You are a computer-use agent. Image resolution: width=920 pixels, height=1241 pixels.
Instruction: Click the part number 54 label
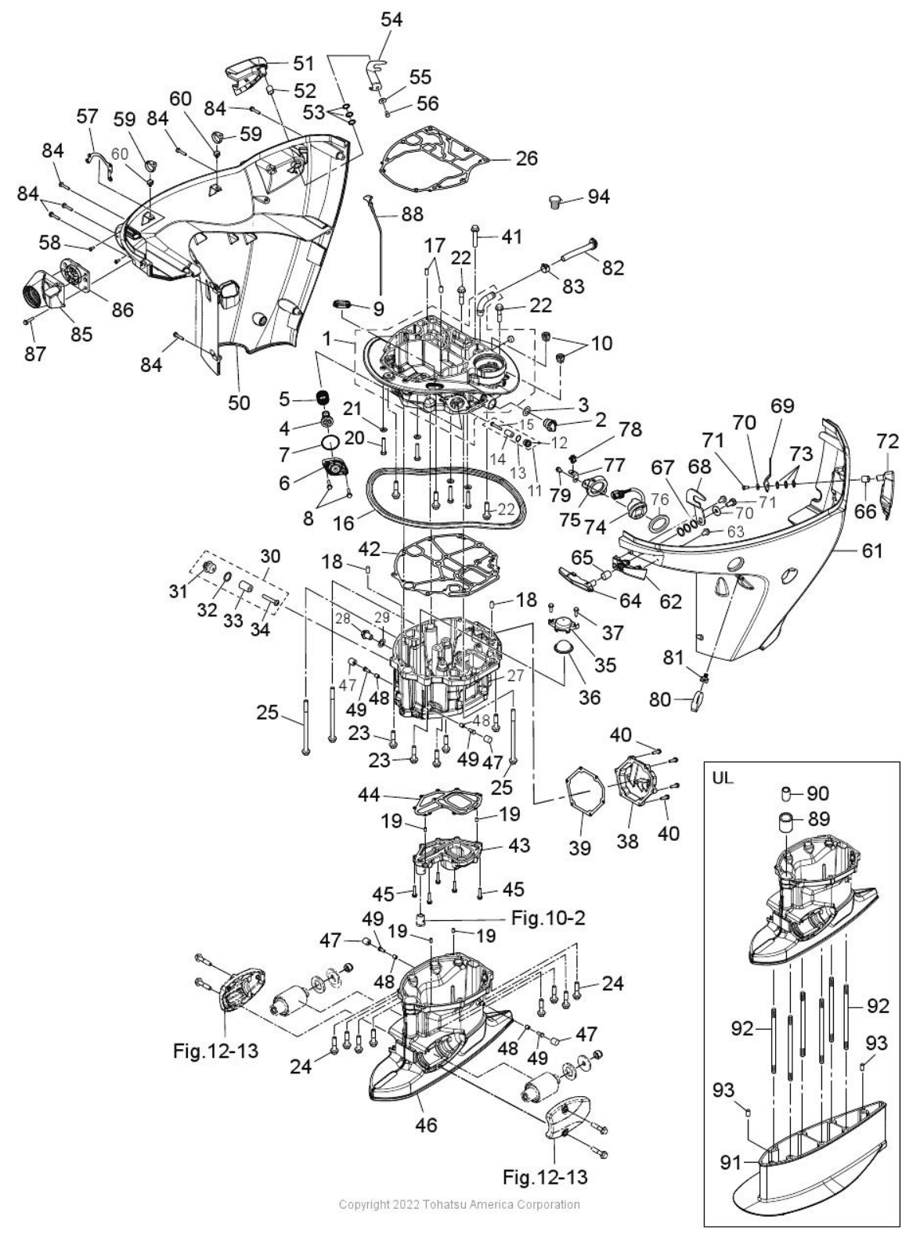[x=391, y=20]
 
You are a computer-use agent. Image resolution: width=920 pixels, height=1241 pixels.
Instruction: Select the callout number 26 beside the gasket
[x=527, y=158]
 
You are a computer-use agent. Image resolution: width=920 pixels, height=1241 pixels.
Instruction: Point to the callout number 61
[x=871, y=551]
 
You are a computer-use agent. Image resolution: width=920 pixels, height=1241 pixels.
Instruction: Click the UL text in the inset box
[x=723, y=781]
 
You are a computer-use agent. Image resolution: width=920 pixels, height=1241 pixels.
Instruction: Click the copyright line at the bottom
[x=460, y=1204]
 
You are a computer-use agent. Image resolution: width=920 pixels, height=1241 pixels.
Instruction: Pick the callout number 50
[x=239, y=402]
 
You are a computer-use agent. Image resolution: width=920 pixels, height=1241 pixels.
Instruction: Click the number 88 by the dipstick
[x=412, y=213]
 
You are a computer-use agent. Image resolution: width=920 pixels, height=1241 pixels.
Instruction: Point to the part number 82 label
[x=613, y=267]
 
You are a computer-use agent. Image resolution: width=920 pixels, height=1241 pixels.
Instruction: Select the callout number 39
[x=579, y=849]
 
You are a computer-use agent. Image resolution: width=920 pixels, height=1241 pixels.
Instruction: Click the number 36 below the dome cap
[x=589, y=695]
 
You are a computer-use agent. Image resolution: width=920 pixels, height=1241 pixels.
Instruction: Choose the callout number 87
[x=34, y=354]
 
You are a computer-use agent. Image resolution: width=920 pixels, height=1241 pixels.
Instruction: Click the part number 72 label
[x=887, y=442]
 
